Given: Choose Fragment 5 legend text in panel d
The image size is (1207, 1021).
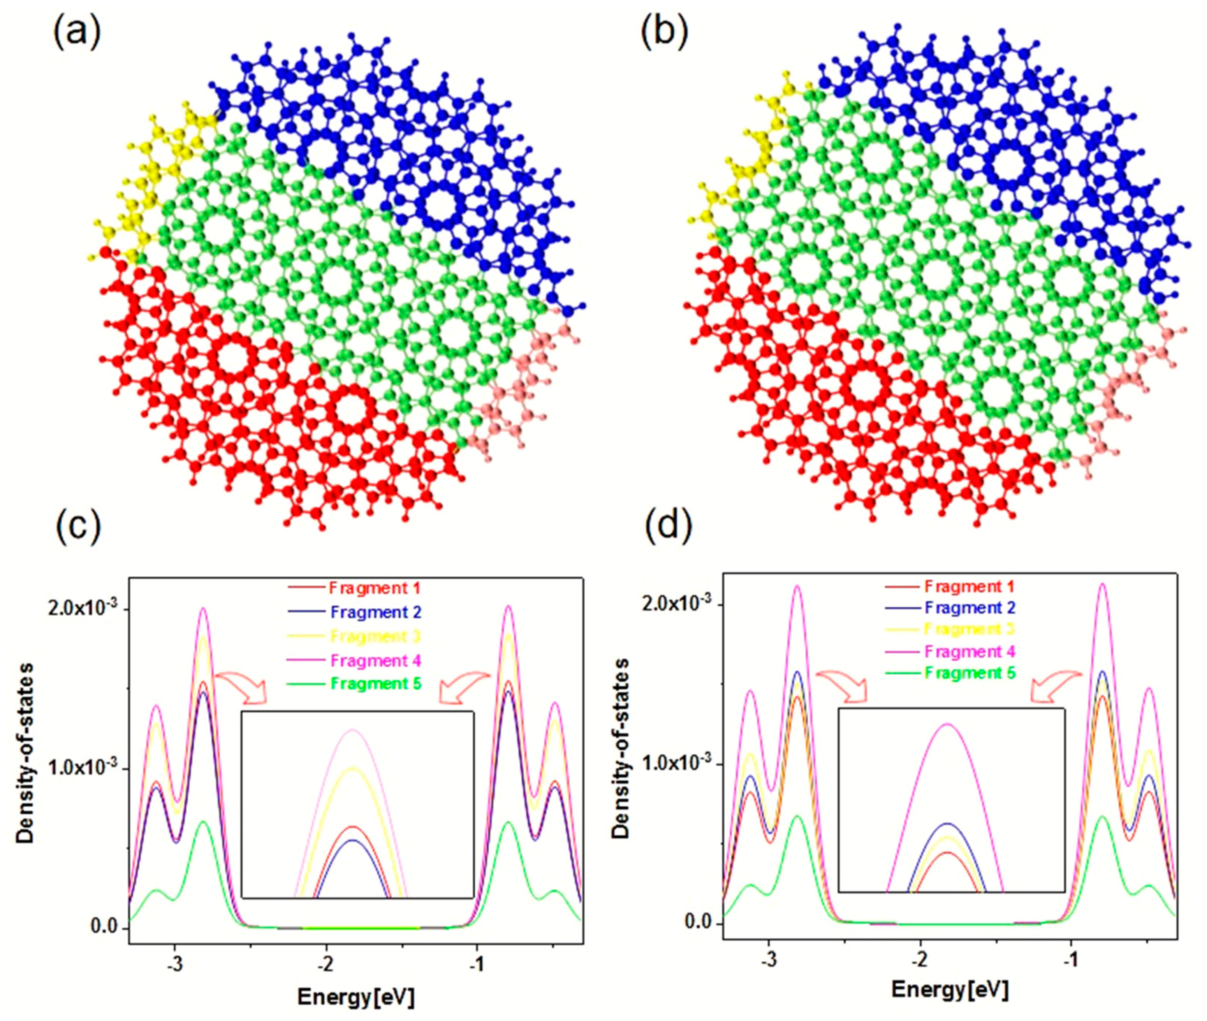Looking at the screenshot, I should [x=969, y=672].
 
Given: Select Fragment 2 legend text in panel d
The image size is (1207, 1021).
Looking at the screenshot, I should [x=969, y=608].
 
